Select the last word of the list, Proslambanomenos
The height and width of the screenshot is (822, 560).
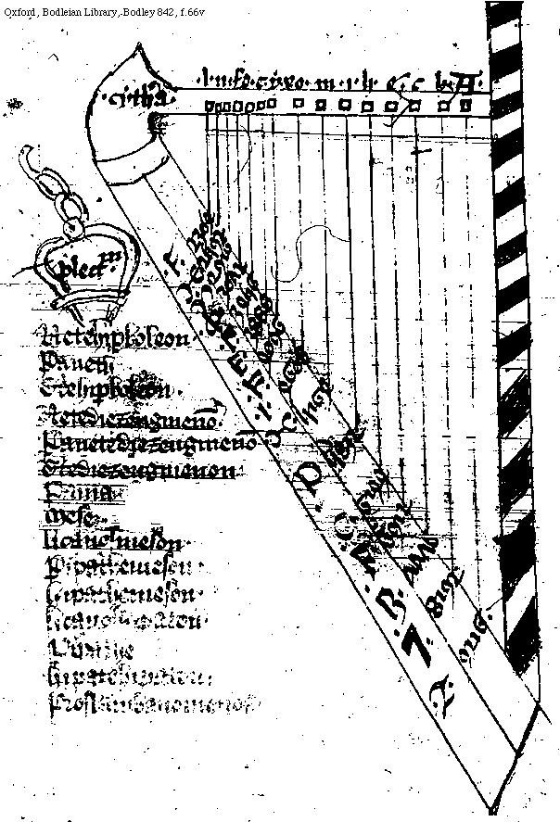[148, 706]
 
